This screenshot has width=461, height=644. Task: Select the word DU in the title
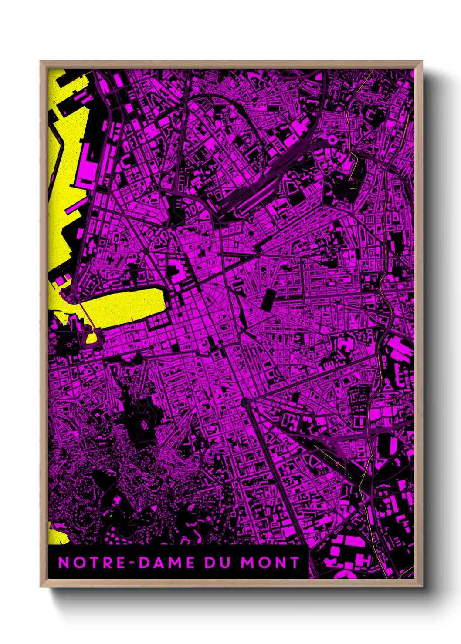click(x=217, y=563)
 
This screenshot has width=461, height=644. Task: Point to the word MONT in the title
click(x=270, y=563)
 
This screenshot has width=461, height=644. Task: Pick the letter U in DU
click(x=224, y=563)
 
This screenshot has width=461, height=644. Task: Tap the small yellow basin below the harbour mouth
click(x=92, y=338)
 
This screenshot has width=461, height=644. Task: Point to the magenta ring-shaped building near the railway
click(x=332, y=140)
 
